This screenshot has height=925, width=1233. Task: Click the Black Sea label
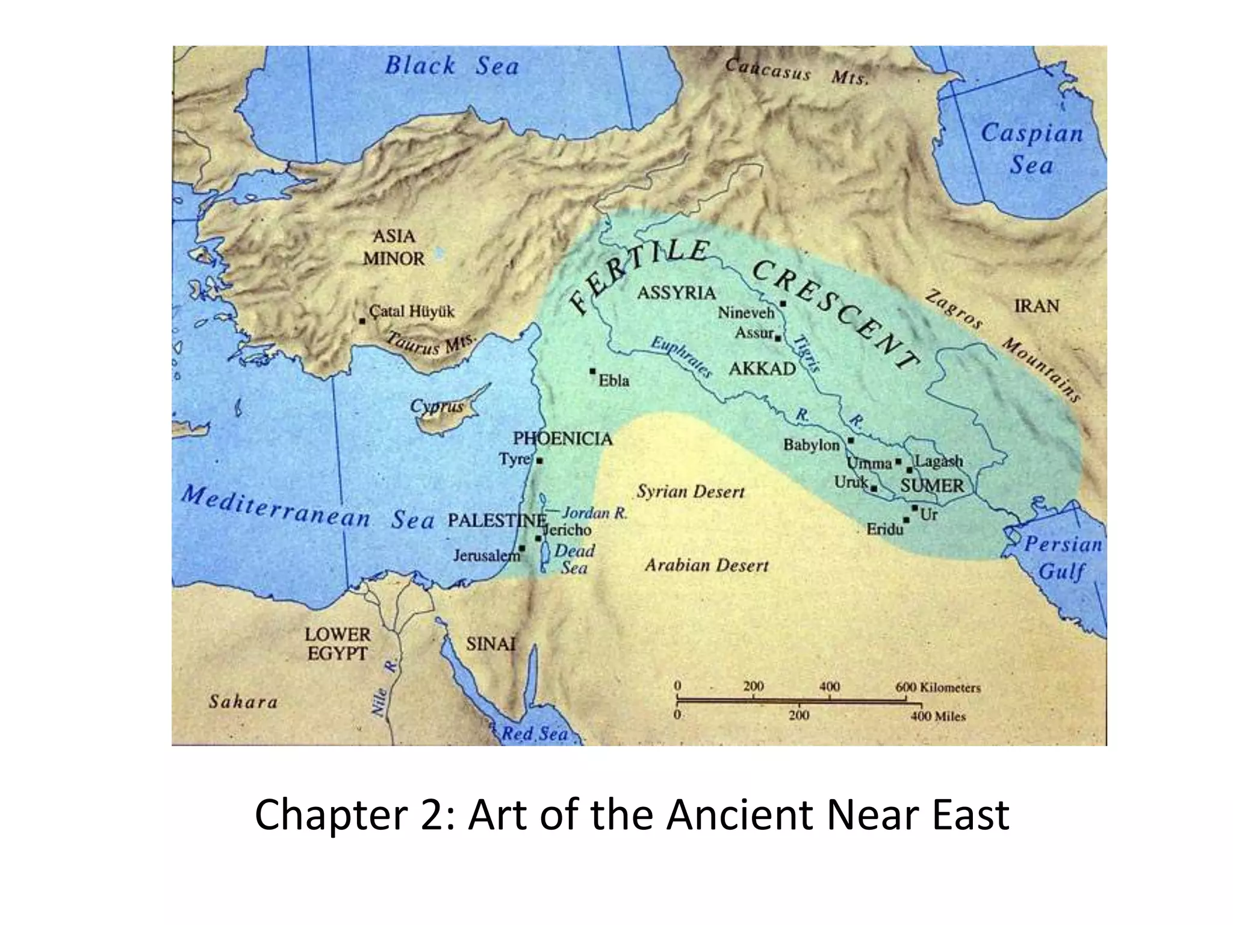click(x=452, y=66)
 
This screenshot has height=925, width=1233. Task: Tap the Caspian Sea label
click(x=1031, y=148)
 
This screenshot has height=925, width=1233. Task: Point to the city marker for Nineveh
click(x=783, y=304)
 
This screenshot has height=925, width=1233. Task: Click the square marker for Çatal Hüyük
click(x=362, y=321)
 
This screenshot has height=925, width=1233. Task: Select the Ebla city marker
click(x=593, y=371)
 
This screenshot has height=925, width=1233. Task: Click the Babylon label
click(x=811, y=445)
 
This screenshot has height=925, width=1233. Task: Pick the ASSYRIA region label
click(x=676, y=293)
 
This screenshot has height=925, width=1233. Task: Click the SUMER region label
click(x=932, y=485)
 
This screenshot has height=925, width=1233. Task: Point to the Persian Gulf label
click(x=1063, y=558)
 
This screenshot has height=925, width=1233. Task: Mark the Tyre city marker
click(x=539, y=461)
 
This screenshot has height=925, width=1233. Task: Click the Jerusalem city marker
click(x=523, y=549)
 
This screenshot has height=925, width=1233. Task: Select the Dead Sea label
click(x=574, y=559)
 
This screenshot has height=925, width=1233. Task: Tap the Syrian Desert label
click(x=691, y=492)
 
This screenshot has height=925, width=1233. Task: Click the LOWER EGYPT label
click(x=337, y=644)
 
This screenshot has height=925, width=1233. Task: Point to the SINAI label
click(x=491, y=644)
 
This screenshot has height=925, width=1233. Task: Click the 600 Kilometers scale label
click(x=937, y=687)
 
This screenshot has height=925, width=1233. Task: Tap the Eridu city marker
click(x=906, y=520)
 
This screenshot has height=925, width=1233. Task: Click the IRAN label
click(x=1036, y=306)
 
